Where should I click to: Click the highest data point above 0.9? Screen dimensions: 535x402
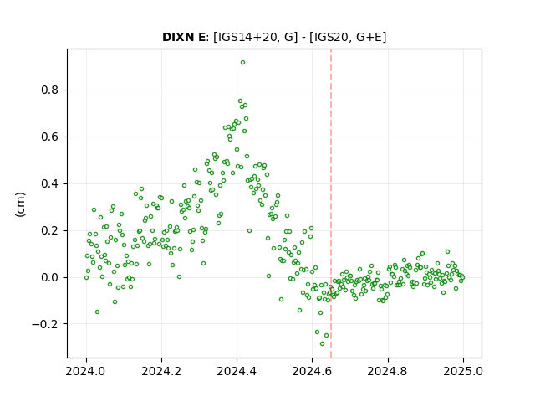point(242,63)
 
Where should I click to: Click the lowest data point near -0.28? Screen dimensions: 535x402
point(322,343)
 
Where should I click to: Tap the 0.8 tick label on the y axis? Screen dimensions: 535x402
point(50,90)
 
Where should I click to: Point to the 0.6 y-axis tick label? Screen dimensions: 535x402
point(50,137)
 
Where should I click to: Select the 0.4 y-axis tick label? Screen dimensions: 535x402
point(50,183)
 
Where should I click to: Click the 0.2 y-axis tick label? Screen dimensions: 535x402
point(50,230)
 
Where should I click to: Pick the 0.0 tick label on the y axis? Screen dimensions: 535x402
point(50,277)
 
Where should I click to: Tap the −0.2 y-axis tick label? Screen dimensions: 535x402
point(45,324)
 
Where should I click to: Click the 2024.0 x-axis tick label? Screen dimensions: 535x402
point(86,371)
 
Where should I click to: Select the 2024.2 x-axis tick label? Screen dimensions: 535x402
point(161,371)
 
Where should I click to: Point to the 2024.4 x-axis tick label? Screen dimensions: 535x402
point(237,371)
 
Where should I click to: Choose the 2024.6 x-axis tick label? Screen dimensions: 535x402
point(312,371)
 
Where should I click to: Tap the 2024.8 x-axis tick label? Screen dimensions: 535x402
point(387,371)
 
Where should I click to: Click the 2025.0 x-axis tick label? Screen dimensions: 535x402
point(463,371)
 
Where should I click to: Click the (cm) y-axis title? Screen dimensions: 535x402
point(20,204)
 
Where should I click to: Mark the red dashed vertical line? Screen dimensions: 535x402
point(331,204)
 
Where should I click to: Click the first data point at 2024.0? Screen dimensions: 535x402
point(86,277)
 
